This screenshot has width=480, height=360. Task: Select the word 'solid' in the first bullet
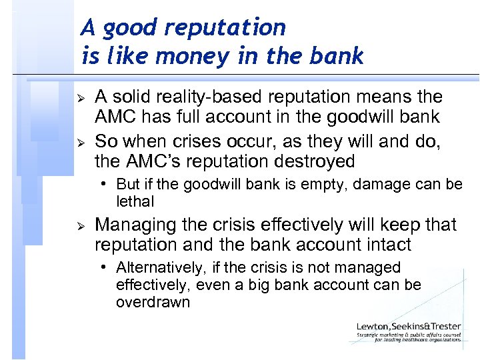tap(129, 97)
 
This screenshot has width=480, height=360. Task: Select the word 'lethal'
tap(135, 201)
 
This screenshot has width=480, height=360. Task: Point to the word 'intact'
tap(386, 245)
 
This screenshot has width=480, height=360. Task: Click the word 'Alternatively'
tap(160, 268)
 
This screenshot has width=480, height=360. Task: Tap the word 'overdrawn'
tap(153, 302)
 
